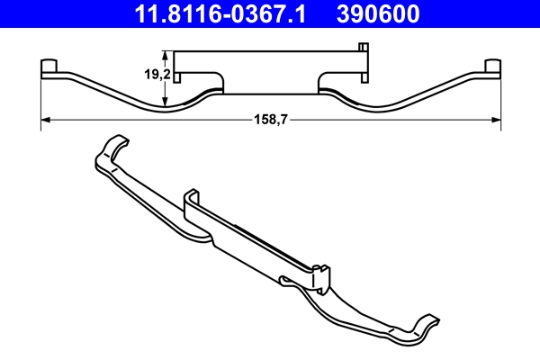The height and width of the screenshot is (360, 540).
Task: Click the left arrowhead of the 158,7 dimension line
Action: (x=46, y=120)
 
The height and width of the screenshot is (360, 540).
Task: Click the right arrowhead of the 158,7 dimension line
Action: (x=496, y=120)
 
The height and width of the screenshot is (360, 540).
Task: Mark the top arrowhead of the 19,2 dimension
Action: (x=165, y=50)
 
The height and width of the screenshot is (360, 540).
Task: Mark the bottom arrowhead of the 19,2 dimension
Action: (x=165, y=103)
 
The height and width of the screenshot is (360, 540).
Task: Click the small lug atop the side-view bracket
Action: (x=363, y=46)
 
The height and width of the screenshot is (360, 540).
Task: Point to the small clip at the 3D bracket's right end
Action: (x=322, y=274)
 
